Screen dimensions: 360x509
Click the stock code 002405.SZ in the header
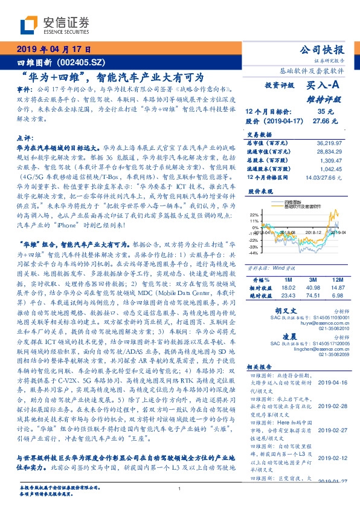(78, 62)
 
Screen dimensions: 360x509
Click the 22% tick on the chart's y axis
(254, 214)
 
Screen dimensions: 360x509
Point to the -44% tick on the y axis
(254, 253)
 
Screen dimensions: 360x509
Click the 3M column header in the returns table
(313, 280)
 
